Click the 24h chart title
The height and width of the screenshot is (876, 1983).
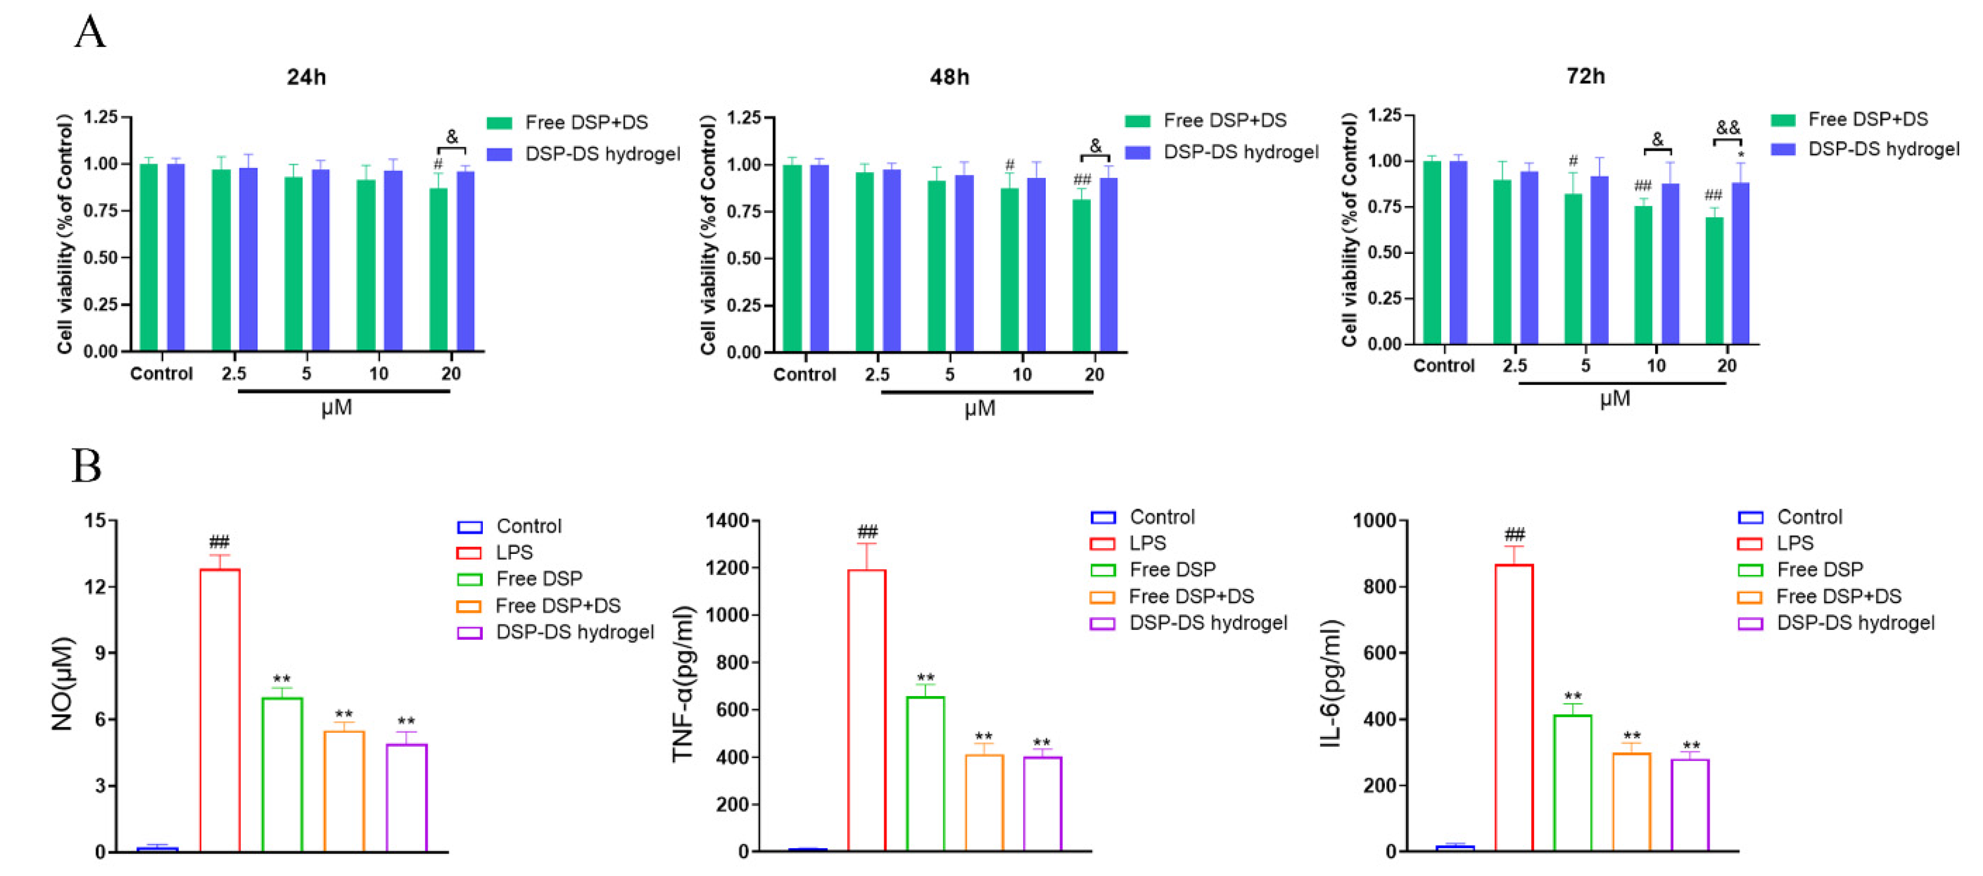pyautogui.click(x=307, y=77)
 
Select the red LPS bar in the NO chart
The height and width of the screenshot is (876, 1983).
pyautogui.click(x=220, y=708)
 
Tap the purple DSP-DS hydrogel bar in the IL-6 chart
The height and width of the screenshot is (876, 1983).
pyautogui.click(x=1690, y=805)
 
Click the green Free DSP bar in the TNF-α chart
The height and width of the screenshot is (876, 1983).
pyautogui.click(x=925, y=773)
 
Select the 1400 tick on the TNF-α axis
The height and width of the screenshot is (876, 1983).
pyautogui.click(x=727, y=521)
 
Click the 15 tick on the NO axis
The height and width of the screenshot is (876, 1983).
pyautogui.click(x=96, y=521)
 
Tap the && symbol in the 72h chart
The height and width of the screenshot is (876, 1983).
pyautogui.click(x=1728, y=128)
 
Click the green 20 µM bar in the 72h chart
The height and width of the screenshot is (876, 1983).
pyautogui.click(x=1714, y=281)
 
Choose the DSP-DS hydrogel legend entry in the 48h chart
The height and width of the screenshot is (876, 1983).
pyautogui.click(x=1240, y=153)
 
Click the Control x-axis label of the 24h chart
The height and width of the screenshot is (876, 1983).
pyautogui.click(x=161, y=374)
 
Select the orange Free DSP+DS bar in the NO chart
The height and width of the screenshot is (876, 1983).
pyautogui.click(x=344, y=791)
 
